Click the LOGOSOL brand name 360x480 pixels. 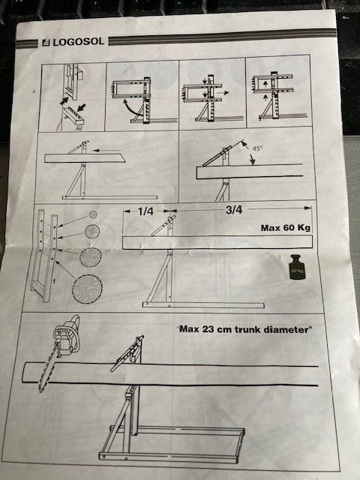tap(78, 42)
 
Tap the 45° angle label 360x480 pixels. tap(257, 148)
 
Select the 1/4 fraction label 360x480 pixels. tap(145, 211)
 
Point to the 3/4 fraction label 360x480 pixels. tap(234, 210)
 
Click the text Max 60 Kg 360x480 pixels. tap(285, 228)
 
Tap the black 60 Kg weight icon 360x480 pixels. tap(298, 267)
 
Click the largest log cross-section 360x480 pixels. tap(87, 289)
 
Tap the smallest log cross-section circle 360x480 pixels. tap(93, 214)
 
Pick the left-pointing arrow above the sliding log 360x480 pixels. tap(106, 150)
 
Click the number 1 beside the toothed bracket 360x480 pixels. tap(54, 281)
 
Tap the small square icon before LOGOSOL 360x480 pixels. tap(46, 43)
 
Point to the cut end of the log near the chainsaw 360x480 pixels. tap(25, 373)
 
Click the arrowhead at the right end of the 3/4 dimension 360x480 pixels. tap(308, 208)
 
